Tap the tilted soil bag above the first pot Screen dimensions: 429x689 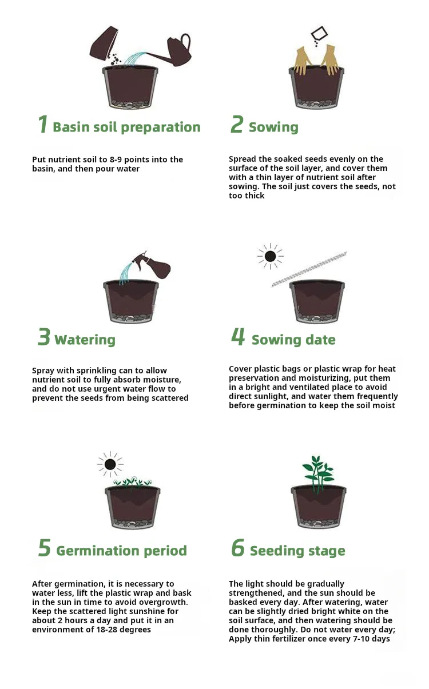point(104,43)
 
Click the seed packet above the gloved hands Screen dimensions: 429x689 point(319,33)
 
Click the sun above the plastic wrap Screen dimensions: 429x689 point(270,256)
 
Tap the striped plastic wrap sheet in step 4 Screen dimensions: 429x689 point(309,269)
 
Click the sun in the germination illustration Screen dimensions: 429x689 point(110,464)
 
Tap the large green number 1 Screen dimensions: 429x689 point(43,124)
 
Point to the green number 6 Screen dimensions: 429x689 point(237,548)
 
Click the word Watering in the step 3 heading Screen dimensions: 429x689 point(85,340)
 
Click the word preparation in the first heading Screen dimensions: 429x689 point(161,128)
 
